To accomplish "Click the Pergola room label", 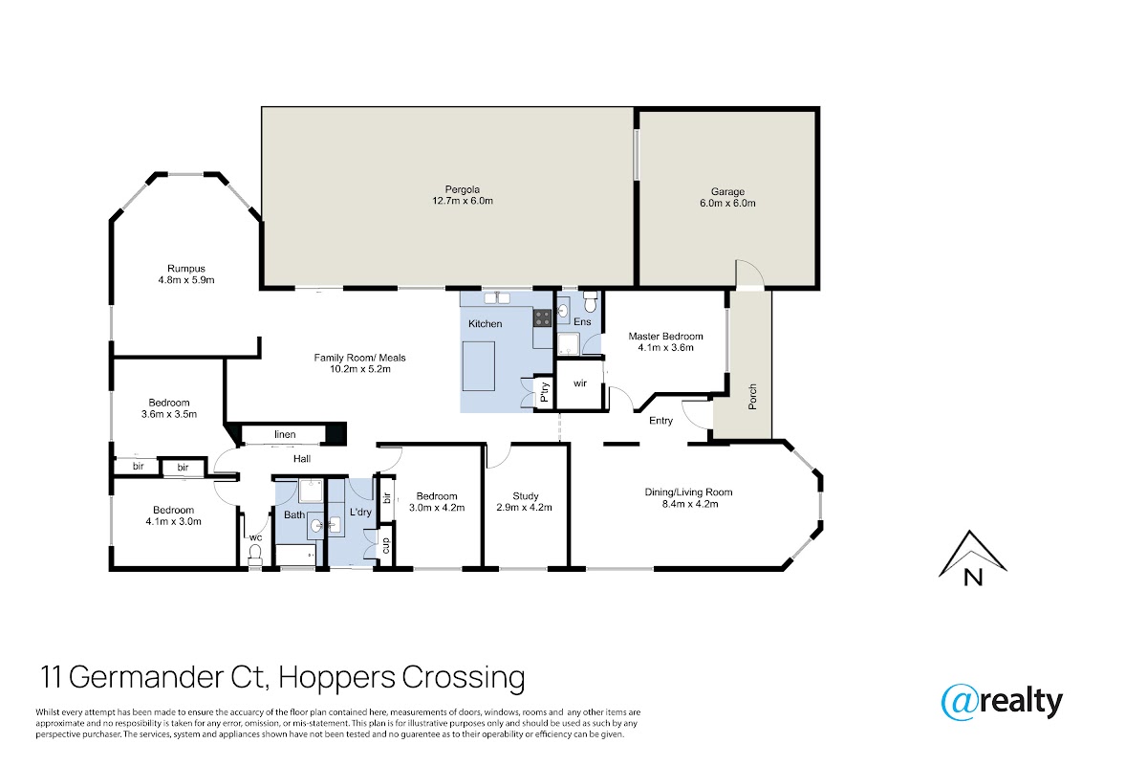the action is [462, 189].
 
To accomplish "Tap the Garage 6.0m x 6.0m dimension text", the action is [727, 203].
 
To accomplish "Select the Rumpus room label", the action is [185, 269].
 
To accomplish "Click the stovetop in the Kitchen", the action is [543, 317].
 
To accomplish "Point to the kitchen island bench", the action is [479, 366].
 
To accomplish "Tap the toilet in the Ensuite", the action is [591, 302].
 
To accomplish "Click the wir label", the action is [579, 383].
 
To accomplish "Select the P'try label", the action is [544, 392].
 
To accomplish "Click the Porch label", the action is [752, 397].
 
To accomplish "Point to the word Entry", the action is [660, 421].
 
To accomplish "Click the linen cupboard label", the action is [285, 434].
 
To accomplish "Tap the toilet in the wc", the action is [254, 554].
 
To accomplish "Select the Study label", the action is [526, 496].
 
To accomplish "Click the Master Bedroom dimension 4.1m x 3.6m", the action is [665, 347].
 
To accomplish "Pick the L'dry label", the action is [360, 512].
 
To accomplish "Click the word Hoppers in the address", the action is [336, 678].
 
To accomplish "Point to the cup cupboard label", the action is [386, 545].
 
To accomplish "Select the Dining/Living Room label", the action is [688, 492].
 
